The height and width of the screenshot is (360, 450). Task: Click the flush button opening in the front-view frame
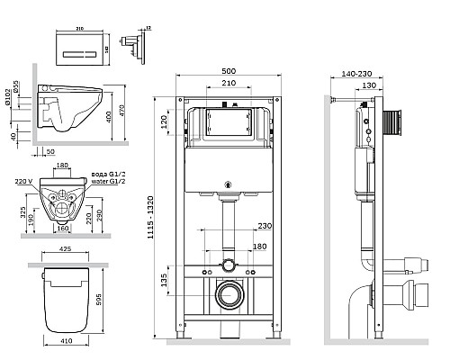click(x=224, y=123)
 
